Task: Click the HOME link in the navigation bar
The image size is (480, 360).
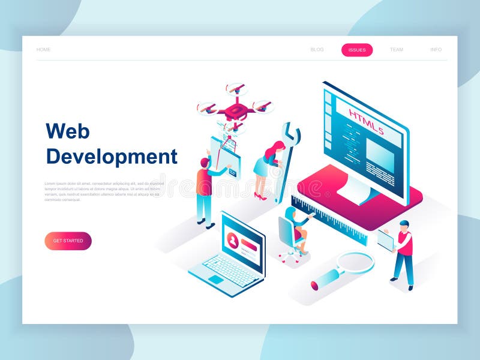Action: [x=43, y=50]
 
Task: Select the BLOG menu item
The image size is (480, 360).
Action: [x=317, y=50]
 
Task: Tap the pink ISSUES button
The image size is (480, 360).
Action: [x=357, y=50]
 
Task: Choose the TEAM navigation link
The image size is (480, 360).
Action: [x=397, y=50]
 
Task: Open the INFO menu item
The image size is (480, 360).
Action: [x=436, y=50]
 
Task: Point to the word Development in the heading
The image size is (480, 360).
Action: [x=112, y=157]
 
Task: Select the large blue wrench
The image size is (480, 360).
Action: [x=286, y=162]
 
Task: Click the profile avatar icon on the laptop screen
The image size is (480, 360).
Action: [x=233, y=241]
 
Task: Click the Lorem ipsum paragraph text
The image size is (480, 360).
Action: [x=102, y=191]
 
